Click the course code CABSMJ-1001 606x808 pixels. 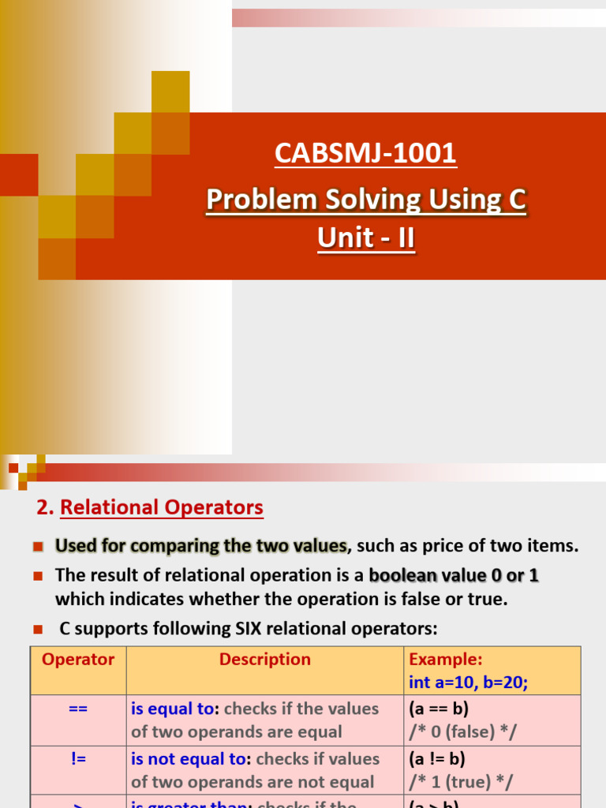[x=365, y=153]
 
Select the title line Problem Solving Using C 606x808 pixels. [x=365, y=200]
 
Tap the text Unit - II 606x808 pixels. [x=365, y=238]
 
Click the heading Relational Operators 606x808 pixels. [x=162, y=507]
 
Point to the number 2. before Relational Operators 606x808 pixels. [x=46, y=507]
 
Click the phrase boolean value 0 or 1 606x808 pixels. [x=454, y=575]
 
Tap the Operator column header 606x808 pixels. [x=78, y=660]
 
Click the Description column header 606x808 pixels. [x=265, y=660]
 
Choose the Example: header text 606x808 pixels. [x=446, y=660]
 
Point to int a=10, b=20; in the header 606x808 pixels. [x=468, y=682]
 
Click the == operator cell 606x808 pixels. [x=78, y=709]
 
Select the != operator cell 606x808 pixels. [x=78, y=758]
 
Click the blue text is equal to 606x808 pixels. [x=173, y=709]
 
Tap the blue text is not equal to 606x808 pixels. [x=189, y=758]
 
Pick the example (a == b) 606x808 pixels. [x=440, y=709]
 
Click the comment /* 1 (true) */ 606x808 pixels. [x=462, y=782]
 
